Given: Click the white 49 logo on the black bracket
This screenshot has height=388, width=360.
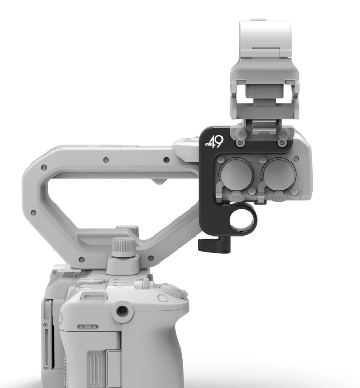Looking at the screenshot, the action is click(x=215, y=142).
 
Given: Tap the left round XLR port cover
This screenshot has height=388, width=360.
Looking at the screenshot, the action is click(x=237, y=174).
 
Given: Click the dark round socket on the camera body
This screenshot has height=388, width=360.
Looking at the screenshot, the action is click(x=122, y=310).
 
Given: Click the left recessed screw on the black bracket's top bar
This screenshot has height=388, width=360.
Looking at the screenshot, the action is click(x=239, y=143).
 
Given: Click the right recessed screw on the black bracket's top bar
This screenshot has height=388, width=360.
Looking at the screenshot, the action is click(x=281, y=143).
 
